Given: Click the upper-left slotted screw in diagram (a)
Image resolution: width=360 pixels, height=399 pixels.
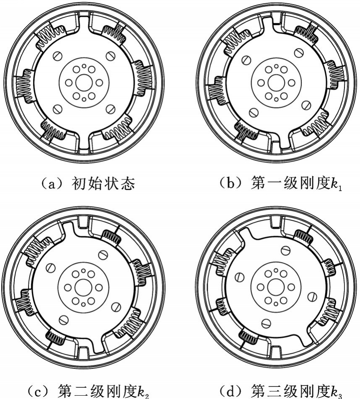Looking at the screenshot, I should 57,55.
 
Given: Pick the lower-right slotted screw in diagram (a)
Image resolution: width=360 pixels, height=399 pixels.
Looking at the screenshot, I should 111,109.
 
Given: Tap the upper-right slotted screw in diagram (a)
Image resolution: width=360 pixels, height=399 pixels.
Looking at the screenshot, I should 111,55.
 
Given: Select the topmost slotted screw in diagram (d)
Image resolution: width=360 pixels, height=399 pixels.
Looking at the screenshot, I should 286,250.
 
